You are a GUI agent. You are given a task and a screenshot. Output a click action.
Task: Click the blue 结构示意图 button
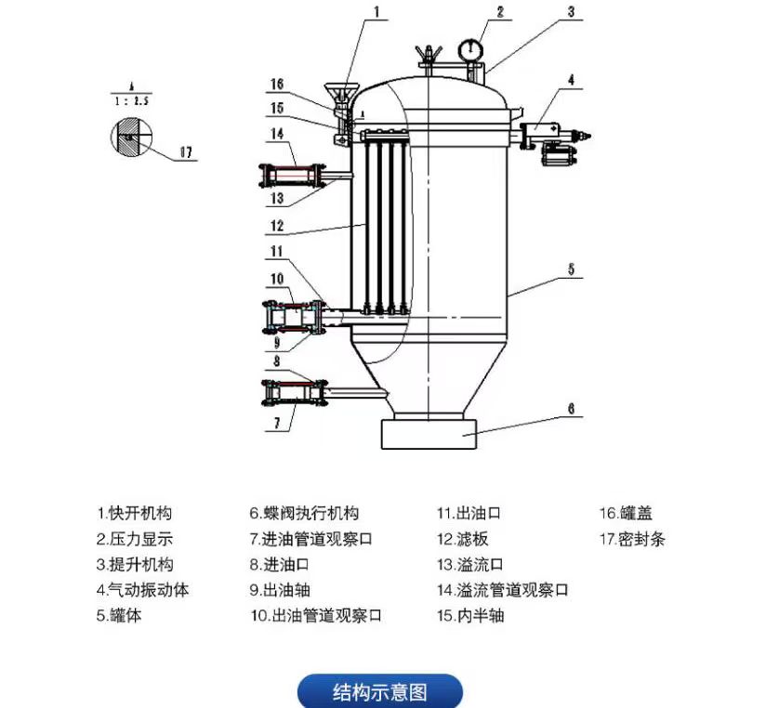coord(379,692)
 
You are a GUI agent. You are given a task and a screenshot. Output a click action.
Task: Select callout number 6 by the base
coord(572,408)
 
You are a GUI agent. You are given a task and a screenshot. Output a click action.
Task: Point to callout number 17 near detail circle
coord(187,154)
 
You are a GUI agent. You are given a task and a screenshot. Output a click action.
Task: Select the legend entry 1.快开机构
coord(135,513)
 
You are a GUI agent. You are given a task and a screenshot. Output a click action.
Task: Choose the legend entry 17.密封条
coord(632,539)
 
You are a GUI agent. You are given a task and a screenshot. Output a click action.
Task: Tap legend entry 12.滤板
coord(462,539)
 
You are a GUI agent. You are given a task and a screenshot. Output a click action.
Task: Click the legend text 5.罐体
coord(119,615)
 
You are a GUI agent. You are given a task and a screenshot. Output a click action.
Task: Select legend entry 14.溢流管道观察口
coord(502,590)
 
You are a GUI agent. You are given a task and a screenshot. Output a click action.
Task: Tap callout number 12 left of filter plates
coord(276,225)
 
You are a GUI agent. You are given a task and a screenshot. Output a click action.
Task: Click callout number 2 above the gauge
coord(499,12)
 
